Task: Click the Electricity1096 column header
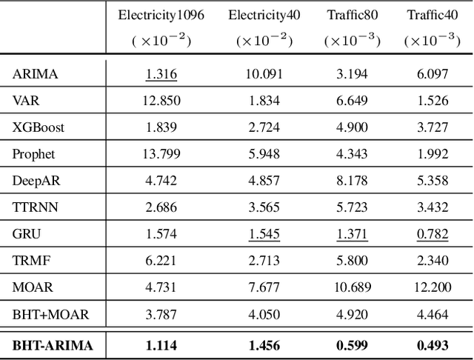pos(161,15)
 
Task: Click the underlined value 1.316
pos(161,73)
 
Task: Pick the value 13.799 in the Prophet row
pos(161,154)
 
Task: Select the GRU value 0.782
pos(432,234)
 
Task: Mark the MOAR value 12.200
pos(432,287)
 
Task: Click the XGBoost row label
pos(38,127)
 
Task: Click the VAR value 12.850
pos(161,100)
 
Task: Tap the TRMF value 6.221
pos(161,261)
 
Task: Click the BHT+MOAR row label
pos(50,315)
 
